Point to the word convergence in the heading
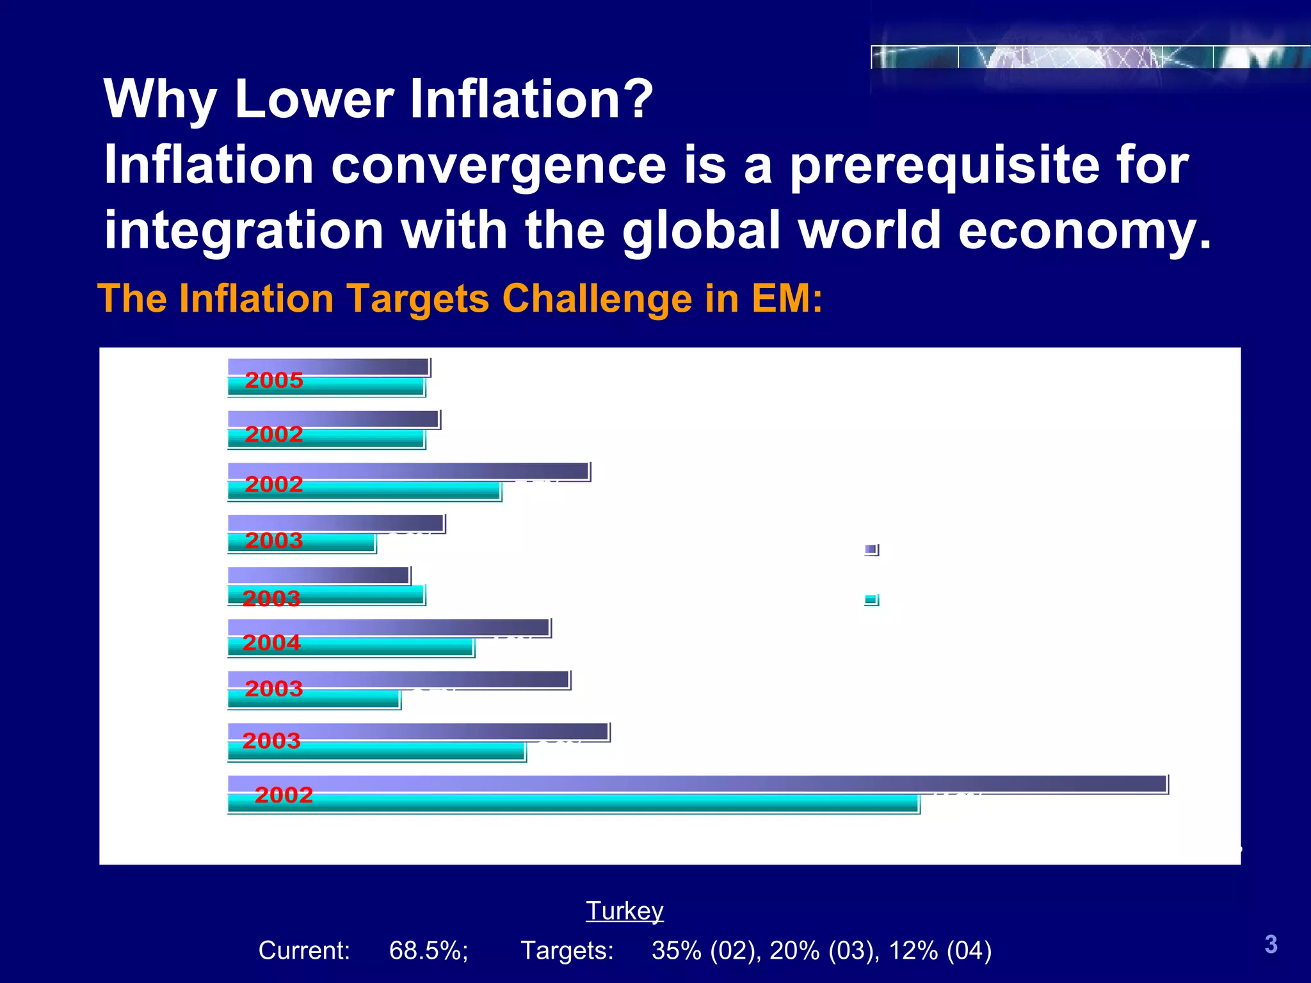click(x=499, y=165)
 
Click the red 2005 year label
click(x=274, y=380)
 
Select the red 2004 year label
click(x=271, y=643)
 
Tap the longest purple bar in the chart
click(x=698, y=784)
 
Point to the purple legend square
click(x=871, y=550)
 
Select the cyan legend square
click(x=871, y=600)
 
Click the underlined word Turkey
click(x=625, y=911)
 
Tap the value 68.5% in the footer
click(x=428, y=950)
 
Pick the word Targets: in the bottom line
click(x=567, y=950)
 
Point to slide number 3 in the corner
click(x=1271, y=945)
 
